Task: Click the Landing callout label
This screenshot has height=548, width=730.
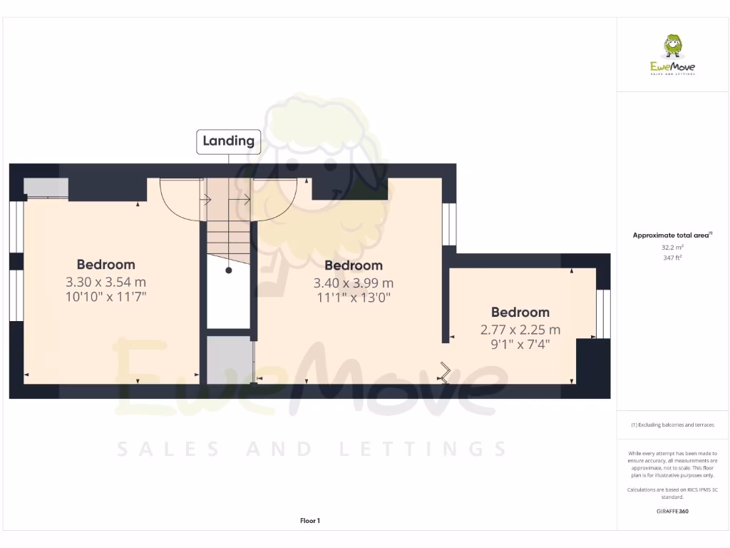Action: click(228, 141)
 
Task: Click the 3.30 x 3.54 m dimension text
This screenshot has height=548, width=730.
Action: click(106, 282)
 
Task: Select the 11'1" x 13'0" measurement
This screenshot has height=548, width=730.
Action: click(354, 298)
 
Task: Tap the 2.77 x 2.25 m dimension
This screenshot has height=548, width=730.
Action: click(520, 330)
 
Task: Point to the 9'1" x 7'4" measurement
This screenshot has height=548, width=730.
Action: click(520, 344)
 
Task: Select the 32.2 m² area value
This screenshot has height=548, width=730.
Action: click(673, 247)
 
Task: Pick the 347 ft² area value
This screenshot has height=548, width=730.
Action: click(673, 258)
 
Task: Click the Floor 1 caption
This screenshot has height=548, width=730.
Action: click(310, 521)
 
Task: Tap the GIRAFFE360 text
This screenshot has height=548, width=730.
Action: click(673, 511)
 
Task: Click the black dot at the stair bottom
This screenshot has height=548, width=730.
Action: click(229, 270)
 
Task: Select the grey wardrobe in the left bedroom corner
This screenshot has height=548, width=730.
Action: click(46, 187)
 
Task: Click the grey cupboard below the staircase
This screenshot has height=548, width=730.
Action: click(229, 360)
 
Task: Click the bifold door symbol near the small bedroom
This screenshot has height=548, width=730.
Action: click(446, 373)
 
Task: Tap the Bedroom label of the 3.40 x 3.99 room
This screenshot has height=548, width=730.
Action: click(354, 266)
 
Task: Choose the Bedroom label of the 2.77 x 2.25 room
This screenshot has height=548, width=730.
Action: click(520, 313)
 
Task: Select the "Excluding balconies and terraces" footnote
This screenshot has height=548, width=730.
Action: click(672, 425)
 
